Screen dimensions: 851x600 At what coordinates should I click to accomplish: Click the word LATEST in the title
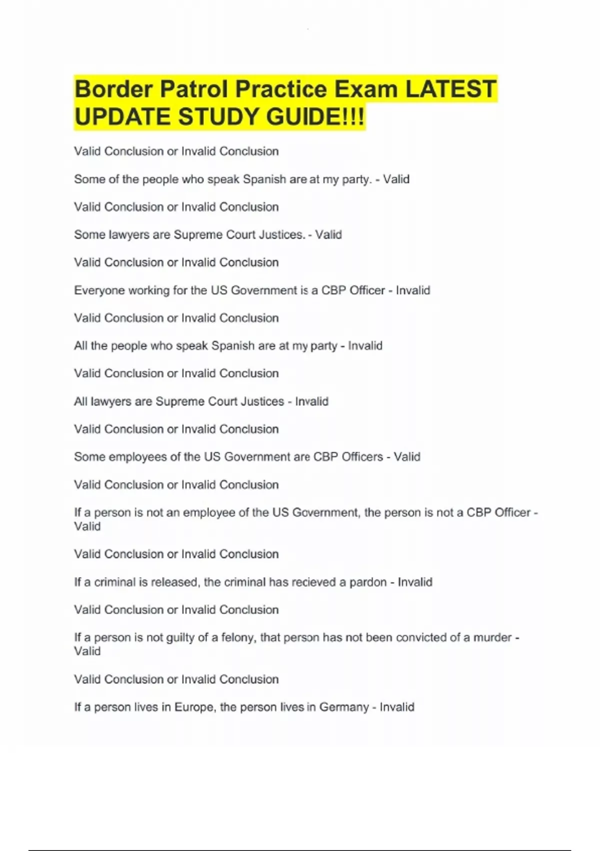click(450, 90)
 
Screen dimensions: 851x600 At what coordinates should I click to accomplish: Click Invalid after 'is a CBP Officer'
click(413, 290)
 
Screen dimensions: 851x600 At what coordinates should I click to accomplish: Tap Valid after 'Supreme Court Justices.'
click(328, 235)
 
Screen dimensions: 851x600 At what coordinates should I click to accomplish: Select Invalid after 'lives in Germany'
click(397, 707)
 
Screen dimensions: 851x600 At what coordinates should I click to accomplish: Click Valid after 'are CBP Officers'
click(407, 457)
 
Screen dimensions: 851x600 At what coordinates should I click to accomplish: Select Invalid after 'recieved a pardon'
click(415, 582)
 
